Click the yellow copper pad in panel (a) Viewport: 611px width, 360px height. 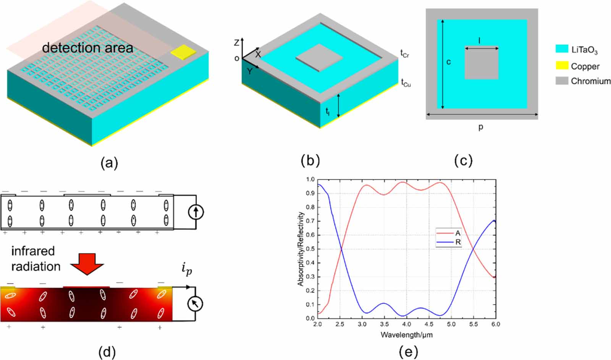(183, 52)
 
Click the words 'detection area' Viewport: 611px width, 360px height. (87, 48)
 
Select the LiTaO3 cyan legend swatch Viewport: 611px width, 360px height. (562, 49)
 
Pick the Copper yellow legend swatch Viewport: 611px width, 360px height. (562, 66)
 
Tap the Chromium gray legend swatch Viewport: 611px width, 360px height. (562, 81)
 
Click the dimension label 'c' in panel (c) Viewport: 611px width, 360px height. (449, 62)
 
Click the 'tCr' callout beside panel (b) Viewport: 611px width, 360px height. (404, 54)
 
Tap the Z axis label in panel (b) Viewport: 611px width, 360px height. (236, 42)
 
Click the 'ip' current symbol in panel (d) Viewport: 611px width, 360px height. (186, 269)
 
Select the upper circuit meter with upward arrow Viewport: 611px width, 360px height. (196, 212)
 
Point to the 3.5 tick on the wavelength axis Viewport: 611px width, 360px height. (384, 324)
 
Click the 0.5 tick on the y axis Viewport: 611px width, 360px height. (310, 249)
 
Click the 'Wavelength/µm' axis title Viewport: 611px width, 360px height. (406, 335)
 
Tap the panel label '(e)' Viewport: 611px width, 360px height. (408, 351)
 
